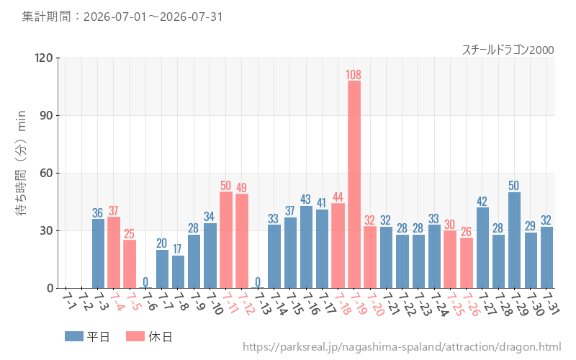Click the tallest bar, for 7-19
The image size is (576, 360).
[354, 184]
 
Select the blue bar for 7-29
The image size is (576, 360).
[514, 240]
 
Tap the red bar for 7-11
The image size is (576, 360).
[226, 240]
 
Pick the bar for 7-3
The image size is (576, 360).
[98, 253]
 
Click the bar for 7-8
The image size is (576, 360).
[178, 272]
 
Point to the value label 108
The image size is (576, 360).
[354, 75]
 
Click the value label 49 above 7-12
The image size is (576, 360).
[241, 188]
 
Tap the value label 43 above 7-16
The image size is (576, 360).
[305, 199]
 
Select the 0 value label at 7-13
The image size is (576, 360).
[258, 282]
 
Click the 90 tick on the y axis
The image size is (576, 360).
[46, 115]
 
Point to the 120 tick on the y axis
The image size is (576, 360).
[44, 58]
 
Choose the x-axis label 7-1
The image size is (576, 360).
[70, 301]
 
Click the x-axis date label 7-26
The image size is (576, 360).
[471, 305]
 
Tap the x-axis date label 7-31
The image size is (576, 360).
[551, 304]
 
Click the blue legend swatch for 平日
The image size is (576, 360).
[74, 336]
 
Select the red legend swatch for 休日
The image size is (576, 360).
[135, 336]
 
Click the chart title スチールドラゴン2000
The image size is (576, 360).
[508, 50]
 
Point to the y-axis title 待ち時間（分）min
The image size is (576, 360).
[21, 163]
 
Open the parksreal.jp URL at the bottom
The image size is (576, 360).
[402, 347]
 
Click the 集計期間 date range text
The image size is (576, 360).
[122, 17]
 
